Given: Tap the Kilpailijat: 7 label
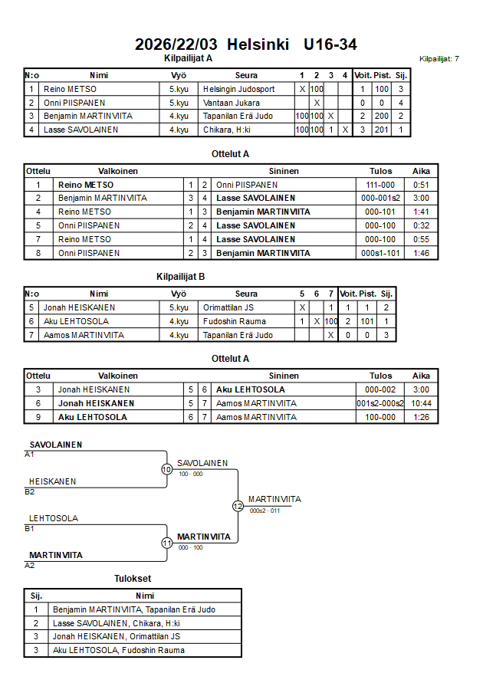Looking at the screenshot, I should pyautogui.click(x=439, y=59).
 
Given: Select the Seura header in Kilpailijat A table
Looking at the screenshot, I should pyautogui.click(x=247, y=75).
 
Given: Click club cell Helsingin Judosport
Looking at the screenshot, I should pyautogui.click(x=239, y=89).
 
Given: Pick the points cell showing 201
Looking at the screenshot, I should pyautogui.click(x=382, y=130).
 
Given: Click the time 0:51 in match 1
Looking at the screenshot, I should pyautogui.click(x=420, y=185).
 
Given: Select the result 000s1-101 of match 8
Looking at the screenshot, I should pyautogui.click(x=380, y=253).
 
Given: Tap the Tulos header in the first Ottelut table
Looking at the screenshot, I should pyautogui.click(x=380, y=171).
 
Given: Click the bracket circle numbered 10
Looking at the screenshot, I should pyautogui.click(x=166, y=469).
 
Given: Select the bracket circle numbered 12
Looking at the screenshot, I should pyautogui.click(x=238, y=506).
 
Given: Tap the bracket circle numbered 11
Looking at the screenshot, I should pyautogui.click(x=166, y=543).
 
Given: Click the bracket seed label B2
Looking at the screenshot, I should pyautogui.click(x=30, y=491).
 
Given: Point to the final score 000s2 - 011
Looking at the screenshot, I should pyautogui.click(x=264, y=511).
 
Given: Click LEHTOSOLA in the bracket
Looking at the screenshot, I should pyautogui.click(x=54, y=518).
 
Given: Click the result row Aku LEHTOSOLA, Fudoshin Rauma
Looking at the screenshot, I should pyautogui.click(x=118, y=650).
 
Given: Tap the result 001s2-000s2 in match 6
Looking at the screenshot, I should pyautogui.click(x=380, y=403).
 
